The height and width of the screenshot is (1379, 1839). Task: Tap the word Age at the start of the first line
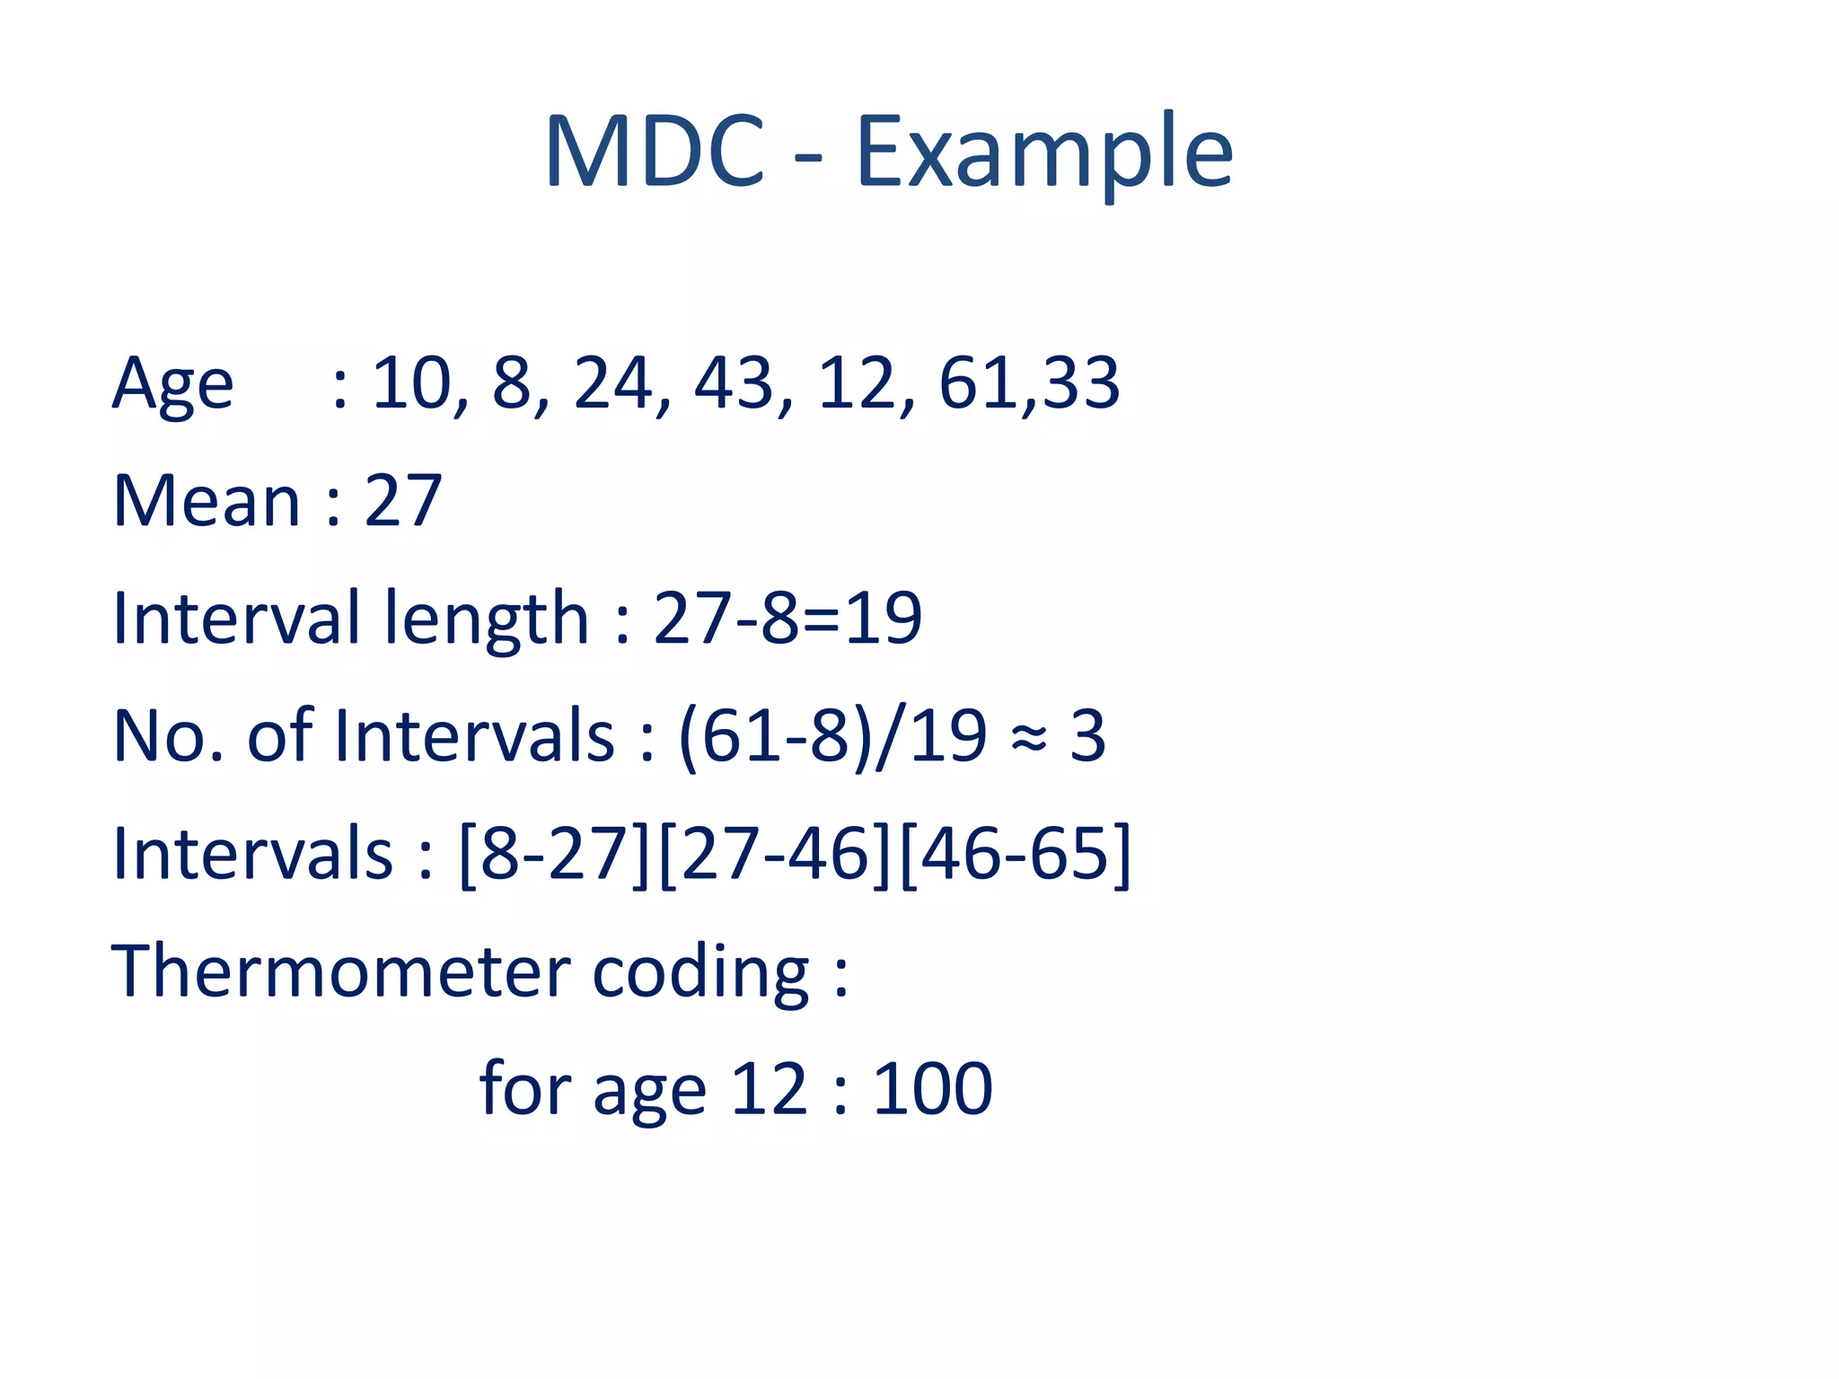(172, 384)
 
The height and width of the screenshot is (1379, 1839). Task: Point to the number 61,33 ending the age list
(1029, 384)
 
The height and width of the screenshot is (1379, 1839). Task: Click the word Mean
(206, 501)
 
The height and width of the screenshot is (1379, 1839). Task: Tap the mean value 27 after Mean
(403, 501)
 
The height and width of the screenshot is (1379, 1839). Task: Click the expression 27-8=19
(788, 619)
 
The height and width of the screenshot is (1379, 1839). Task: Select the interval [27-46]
(775, 854)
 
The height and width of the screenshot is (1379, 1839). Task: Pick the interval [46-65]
(1015, 854)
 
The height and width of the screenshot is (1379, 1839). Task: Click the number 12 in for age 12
(770, 1089)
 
